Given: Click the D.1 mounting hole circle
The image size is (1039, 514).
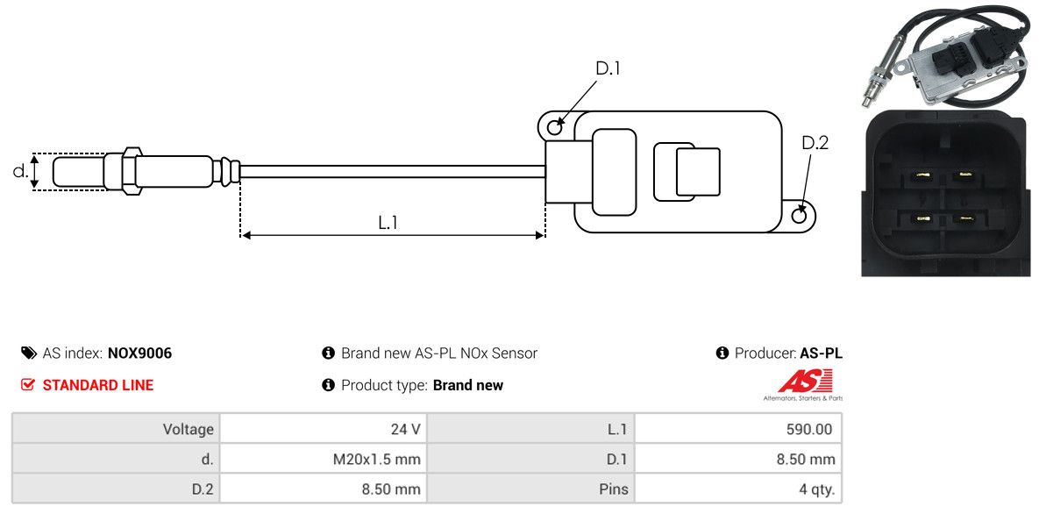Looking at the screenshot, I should (555, 127).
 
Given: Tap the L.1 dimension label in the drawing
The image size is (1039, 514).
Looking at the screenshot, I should (388, 223).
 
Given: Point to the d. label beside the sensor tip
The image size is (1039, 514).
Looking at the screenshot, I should (20, 171).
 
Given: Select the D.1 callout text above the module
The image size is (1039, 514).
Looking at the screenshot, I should (608, 68).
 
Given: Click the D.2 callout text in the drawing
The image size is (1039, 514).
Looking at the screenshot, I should (815, 142).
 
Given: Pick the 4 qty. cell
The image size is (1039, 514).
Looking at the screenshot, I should (815, 489).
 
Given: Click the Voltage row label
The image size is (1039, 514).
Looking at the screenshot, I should (188, 429).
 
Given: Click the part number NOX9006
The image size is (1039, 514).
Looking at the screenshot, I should (139, 353).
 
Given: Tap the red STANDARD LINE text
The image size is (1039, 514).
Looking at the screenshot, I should (97, 385).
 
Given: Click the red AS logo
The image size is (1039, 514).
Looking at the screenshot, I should (805, 382).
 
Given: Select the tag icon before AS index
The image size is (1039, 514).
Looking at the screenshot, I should (28, 353).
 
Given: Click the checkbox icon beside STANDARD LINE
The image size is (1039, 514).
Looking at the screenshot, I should (28, 385).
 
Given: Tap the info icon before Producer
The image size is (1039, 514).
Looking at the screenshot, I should (722, 353).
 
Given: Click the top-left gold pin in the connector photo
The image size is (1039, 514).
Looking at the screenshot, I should (920, 176).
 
